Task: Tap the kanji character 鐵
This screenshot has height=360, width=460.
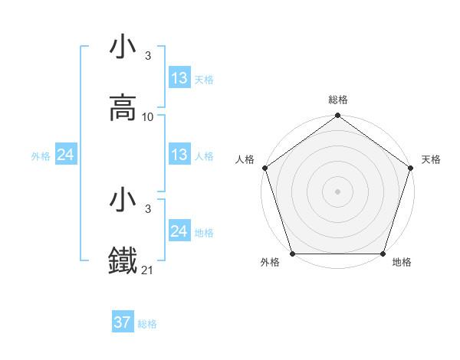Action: coord(123,261)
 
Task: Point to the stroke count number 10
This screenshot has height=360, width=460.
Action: coord(148,117)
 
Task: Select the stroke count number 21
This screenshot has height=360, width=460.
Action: coord(148,270)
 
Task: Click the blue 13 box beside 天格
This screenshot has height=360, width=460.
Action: coord(179,78)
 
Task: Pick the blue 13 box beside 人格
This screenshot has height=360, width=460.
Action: coord(179,155)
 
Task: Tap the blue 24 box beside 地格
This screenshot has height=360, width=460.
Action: coord(179,231)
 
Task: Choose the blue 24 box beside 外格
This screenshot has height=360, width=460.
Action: coord(66,155)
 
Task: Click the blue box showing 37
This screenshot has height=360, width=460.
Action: coord(123,322)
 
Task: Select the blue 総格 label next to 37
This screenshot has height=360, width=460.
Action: coord(148,324)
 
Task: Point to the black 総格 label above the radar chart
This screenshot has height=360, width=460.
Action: coord(337,100)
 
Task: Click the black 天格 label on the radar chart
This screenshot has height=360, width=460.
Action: coord(431,159)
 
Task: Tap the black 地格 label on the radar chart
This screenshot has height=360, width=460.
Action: coord(402,263)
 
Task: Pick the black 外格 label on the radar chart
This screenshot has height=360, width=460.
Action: coord(270,263)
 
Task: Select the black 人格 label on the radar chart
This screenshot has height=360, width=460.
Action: coord(245,159)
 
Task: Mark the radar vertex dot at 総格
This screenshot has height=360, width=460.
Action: coord(337,116)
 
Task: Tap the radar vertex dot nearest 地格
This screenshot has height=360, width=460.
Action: coord(383,254)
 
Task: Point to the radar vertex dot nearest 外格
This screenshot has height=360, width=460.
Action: coord(292,254)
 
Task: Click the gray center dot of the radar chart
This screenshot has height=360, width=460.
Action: coord(337,191)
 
